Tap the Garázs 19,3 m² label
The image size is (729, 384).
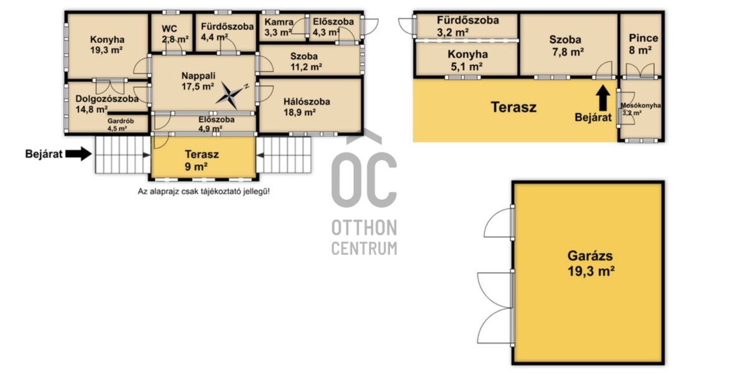tap(591, 263)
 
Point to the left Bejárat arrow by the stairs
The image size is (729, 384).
tap(78, 154)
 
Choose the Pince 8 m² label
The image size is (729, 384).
tap(643, 44)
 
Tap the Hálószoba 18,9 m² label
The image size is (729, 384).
tap(307, 107)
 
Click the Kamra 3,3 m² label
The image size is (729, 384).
tap(279, 27)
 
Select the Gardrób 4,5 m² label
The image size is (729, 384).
tap(120, 124)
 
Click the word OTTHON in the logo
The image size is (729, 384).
tap(364, 228)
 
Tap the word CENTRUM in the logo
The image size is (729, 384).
tap(364, 248)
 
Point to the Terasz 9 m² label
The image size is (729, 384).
tap(201, 160)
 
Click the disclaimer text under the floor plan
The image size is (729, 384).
tap(204, 191)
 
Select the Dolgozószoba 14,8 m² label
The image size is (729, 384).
tap(107, 104)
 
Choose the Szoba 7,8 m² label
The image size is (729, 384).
tap(566, 45)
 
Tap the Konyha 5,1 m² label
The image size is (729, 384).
tap(467, 60)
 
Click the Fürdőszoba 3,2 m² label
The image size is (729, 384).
tap(467, 26)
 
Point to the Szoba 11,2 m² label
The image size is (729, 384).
tap(306, 61)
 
